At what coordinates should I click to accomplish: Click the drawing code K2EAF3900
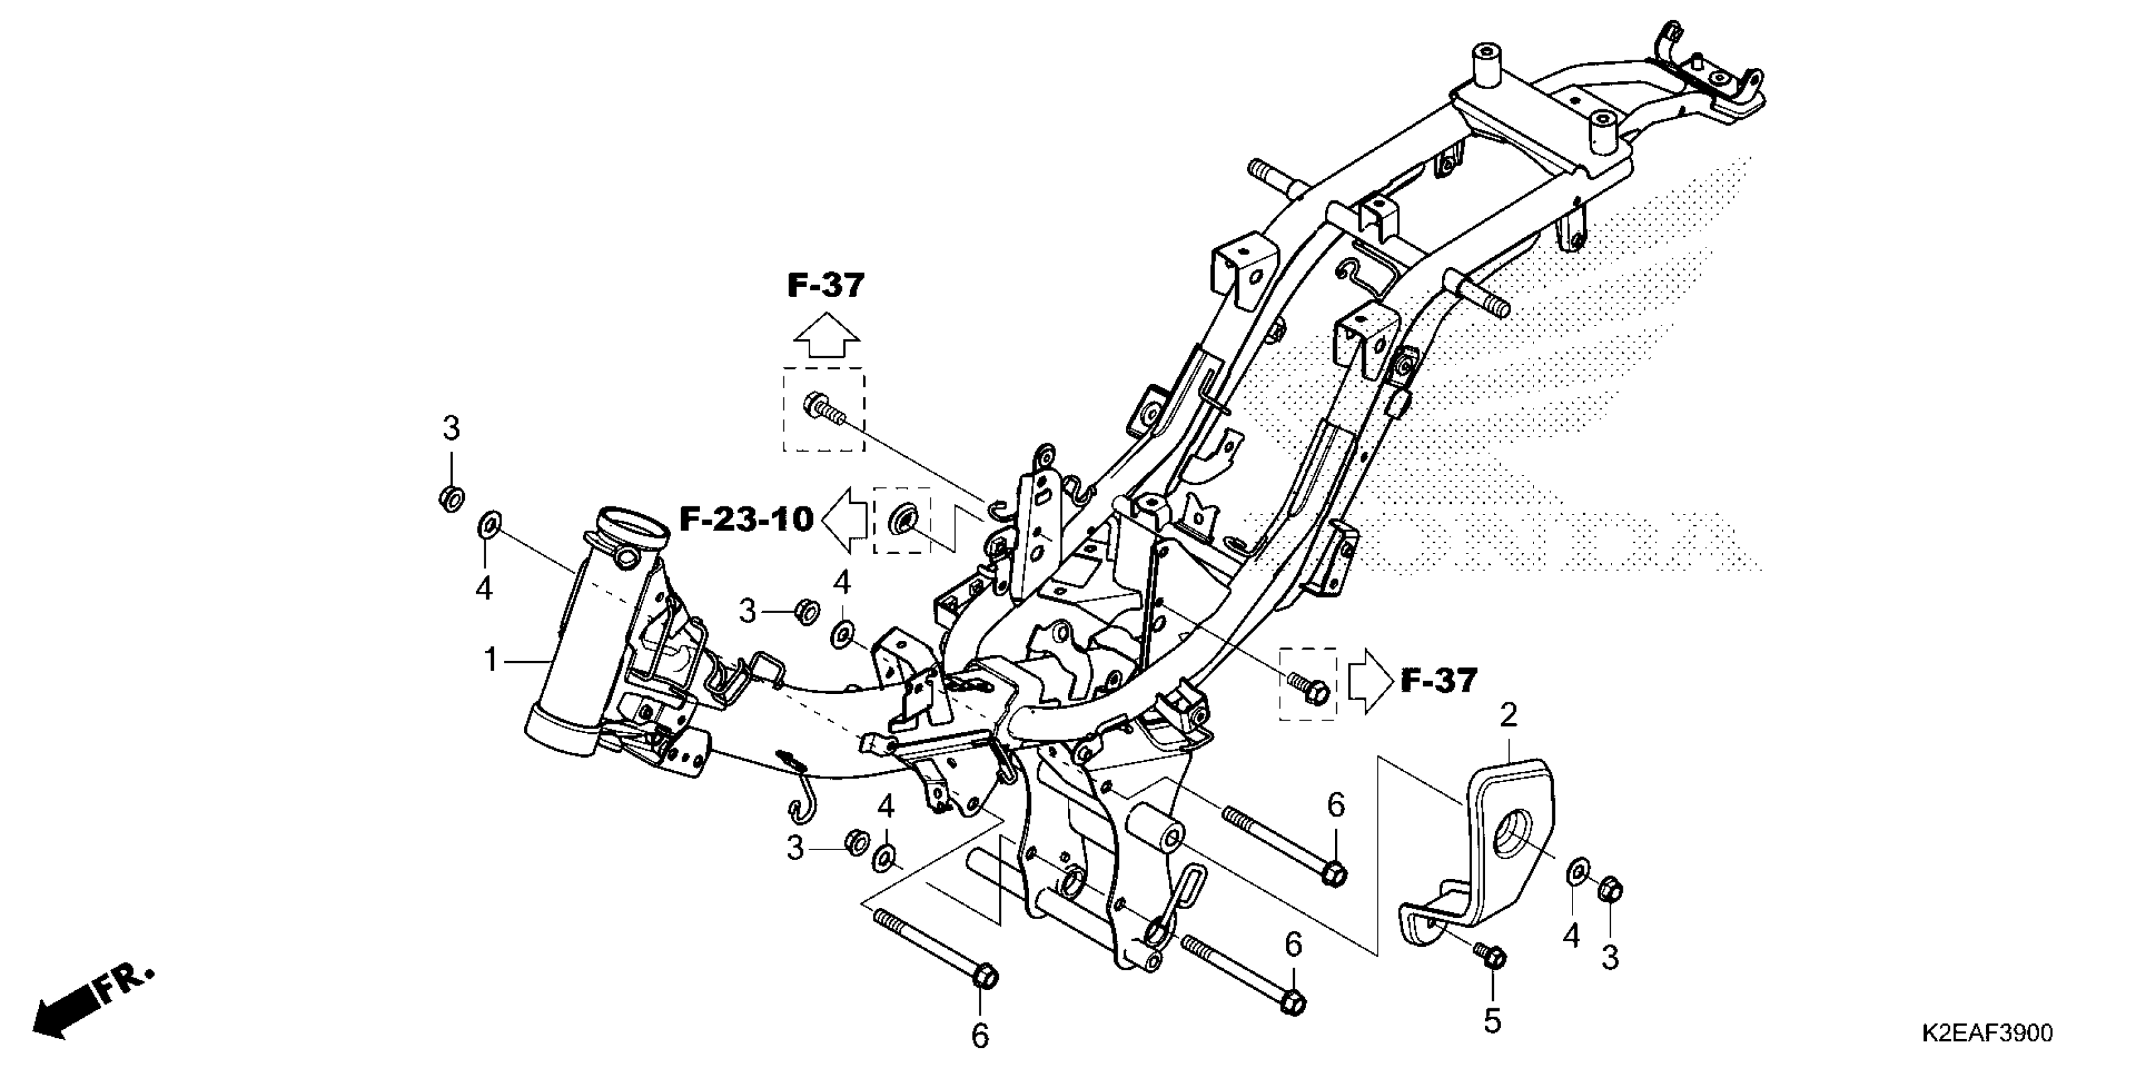[1986, 1033]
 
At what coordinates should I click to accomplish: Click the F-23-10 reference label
[746, 520]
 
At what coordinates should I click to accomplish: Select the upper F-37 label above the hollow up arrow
[825, 286]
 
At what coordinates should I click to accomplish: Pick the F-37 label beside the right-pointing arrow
[1439, 681]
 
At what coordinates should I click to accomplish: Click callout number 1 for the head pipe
[491, 661]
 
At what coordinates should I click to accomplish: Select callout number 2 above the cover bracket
[1508, 716]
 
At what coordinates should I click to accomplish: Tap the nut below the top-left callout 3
[451, 498]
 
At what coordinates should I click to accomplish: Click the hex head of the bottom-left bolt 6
[983, 978]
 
